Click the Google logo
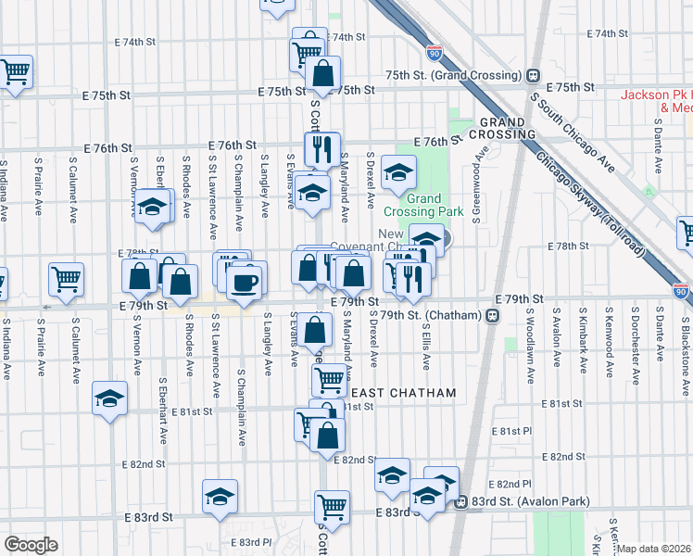click(x=31, y=545)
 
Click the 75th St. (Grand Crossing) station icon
click(x=533, y=75)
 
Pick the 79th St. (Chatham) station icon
click(x=492, y=316)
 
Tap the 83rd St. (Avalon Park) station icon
click(x=460, y=502)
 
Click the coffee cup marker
click(x=245, y=282)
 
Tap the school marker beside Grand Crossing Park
click(x=399, y=171)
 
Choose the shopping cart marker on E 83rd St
click(x=331, y=506)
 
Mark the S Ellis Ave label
click(x=427, y=344)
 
